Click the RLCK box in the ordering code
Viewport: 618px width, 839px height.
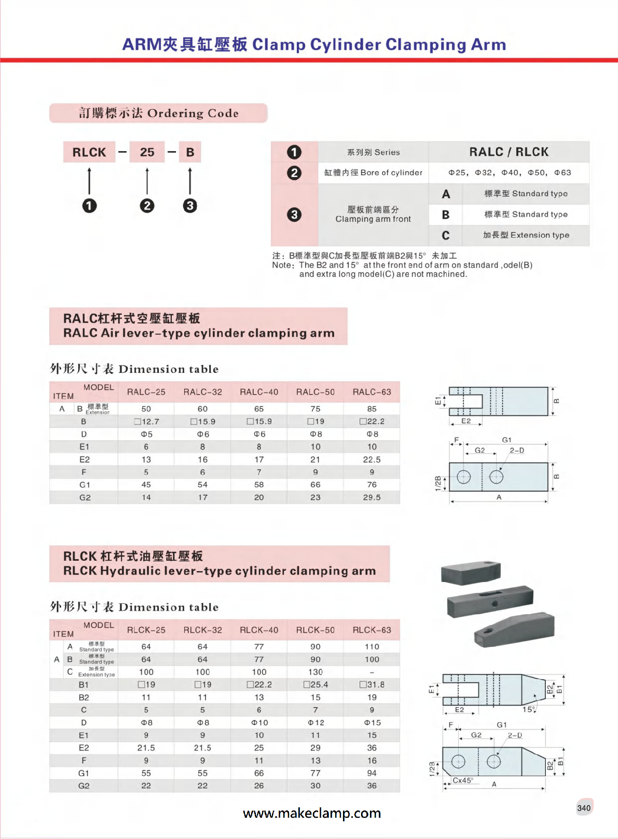click(89, 152)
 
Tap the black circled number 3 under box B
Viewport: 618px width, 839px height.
click(190, 206)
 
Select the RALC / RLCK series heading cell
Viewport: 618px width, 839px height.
click(509, 152)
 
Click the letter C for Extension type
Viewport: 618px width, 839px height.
click(446, 236)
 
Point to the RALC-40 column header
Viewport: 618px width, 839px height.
click(259, 392)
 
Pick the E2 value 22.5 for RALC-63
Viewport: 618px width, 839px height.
click(372, 459)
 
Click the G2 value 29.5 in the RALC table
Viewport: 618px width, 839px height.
click(372, 497)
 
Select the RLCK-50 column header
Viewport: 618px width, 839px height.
click(315, 630)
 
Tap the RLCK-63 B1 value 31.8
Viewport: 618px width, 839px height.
click(372, 685)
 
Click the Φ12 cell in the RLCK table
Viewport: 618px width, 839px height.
click(315, 723)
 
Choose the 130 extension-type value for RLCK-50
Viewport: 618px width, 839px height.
click(315, 672)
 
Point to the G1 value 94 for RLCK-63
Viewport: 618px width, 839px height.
click(372, 773)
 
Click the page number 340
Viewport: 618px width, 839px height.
click(584, 808)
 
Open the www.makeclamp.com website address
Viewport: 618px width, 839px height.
click(312, 813)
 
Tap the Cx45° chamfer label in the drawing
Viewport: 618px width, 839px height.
click(462, 780)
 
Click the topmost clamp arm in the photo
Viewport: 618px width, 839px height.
click(471, 572)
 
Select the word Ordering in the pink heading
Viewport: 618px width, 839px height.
click(175, 113)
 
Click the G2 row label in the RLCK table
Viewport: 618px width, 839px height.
click(84, 786)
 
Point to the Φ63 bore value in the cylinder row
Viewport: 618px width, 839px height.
click(562, 172)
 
